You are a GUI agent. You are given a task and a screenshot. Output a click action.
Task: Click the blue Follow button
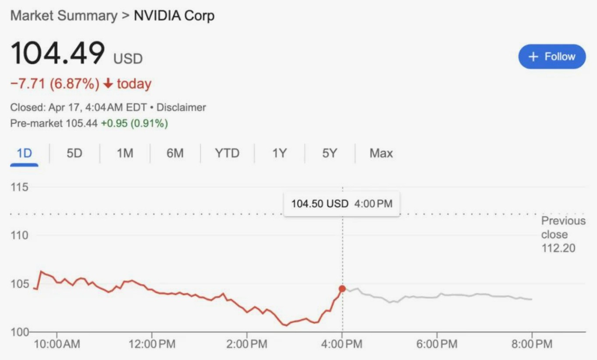552,57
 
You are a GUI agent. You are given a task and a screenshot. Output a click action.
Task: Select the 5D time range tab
75,153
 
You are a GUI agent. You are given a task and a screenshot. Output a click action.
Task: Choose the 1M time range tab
125,153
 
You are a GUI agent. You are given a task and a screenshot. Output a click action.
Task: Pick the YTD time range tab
227,153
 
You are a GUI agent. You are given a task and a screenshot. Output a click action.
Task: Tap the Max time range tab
381,153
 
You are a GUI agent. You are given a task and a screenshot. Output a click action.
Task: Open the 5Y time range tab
329,153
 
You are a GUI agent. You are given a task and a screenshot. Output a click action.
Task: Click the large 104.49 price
58,53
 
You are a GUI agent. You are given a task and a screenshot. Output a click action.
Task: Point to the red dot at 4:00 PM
342,289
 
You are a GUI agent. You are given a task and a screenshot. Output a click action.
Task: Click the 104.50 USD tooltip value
320,204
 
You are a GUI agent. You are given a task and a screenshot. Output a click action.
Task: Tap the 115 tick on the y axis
19,188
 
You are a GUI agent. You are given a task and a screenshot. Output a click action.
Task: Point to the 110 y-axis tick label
19,236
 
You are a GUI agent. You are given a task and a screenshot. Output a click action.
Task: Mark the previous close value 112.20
558,249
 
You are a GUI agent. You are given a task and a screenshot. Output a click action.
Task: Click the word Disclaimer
181,107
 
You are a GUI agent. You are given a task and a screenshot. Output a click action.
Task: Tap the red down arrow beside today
107,84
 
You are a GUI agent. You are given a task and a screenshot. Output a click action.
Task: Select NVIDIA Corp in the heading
174,16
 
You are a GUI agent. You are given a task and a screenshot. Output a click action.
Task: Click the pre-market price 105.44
81,124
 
